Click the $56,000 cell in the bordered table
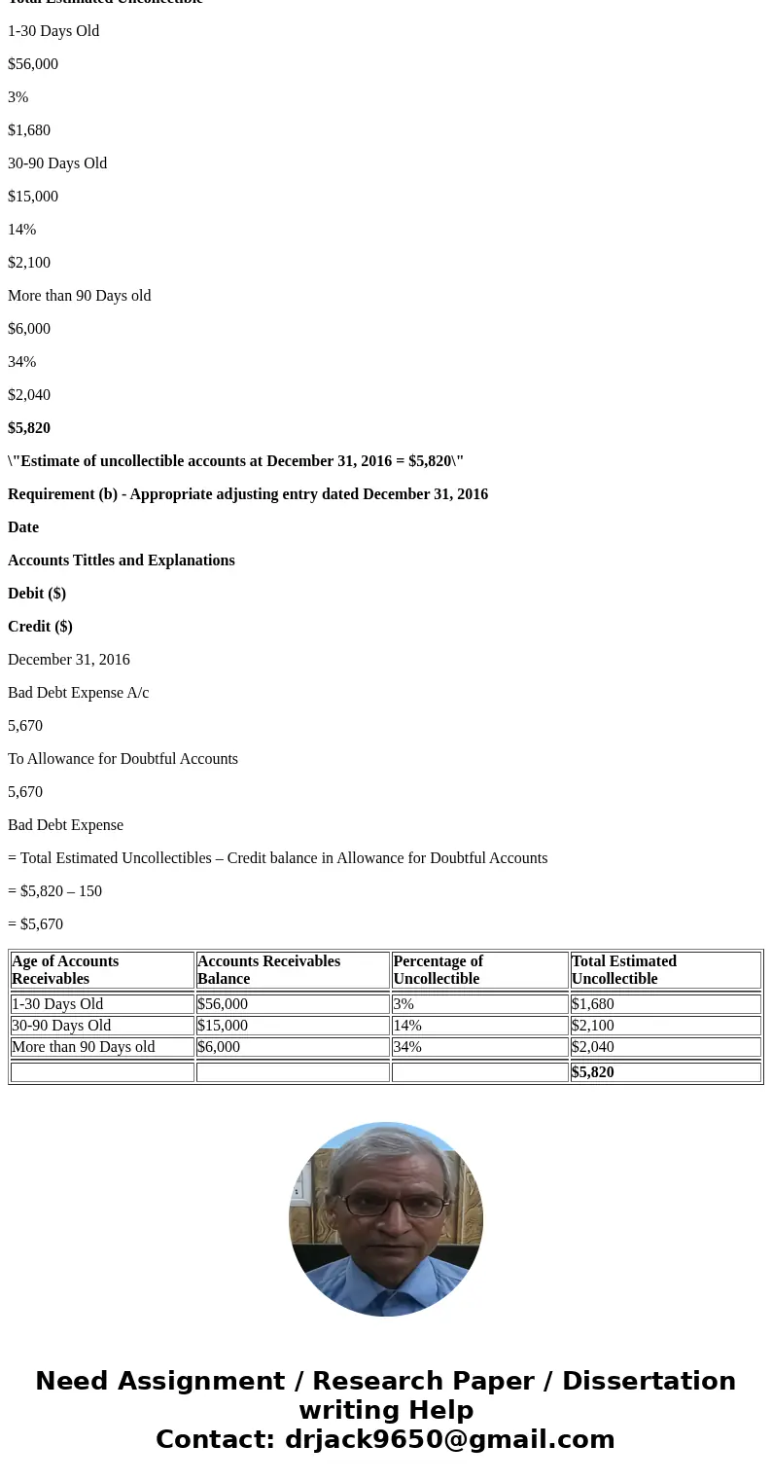223,1004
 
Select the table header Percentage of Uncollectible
438,970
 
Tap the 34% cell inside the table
407,1047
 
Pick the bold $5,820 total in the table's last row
593,1072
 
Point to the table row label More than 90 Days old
84,1047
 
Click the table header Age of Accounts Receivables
65,970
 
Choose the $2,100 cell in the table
593,1026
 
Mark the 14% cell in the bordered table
407,1026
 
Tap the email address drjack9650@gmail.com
449,1439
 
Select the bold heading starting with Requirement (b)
248,494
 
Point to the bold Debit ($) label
37,594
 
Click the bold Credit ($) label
40,627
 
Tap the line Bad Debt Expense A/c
79,693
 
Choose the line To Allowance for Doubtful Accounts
123,759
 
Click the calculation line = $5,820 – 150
54,891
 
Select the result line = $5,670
35,924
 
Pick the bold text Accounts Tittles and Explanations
122,560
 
